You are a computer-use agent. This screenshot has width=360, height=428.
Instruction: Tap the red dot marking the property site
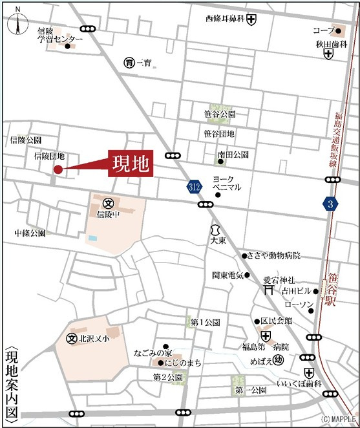click(x=58, y=170)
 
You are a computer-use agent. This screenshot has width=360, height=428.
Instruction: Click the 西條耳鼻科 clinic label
click(x=225, y=19)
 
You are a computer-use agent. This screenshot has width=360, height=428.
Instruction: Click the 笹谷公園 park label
click(x=220, y=114)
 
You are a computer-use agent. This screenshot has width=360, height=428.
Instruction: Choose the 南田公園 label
click(x=233, y=155)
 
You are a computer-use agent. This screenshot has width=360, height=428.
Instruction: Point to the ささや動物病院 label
click(x=275, y=255)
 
